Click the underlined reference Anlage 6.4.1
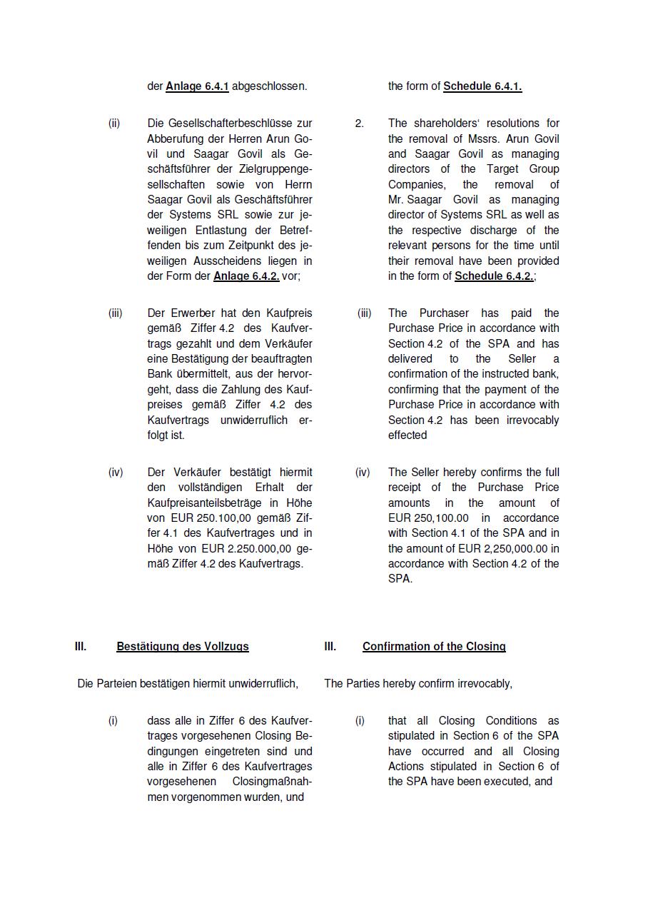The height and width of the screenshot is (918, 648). point(197,86)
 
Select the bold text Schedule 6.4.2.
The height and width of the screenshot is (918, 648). point(494,276)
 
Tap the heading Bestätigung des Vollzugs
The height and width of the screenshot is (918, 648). point(183,647)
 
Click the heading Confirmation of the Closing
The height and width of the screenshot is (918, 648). point(434,647)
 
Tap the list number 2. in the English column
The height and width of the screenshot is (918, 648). point(359,123)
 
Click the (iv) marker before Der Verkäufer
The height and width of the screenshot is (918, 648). point(116,473)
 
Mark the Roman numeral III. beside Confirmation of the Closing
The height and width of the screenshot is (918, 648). point(330,647)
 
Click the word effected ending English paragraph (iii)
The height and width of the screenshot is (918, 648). point(407,435)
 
